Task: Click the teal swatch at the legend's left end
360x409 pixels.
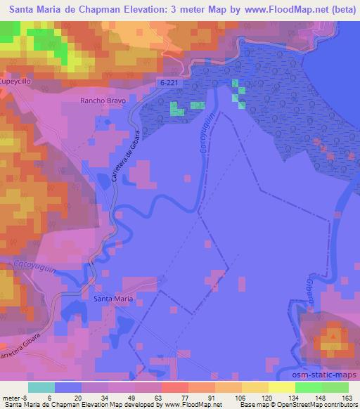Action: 41,387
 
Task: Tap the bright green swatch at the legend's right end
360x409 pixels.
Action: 336,387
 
